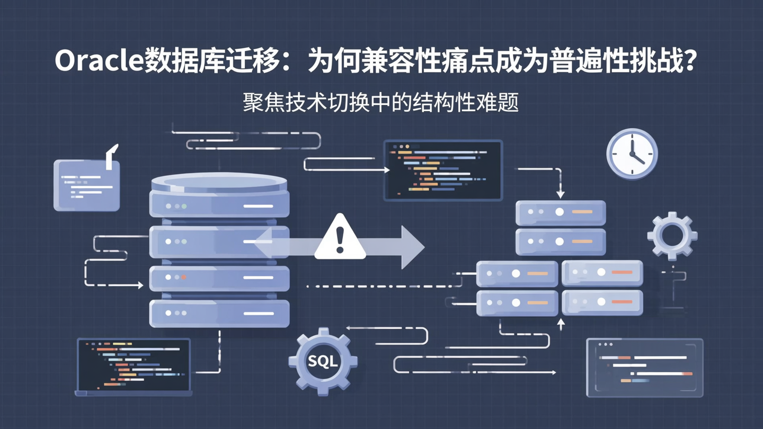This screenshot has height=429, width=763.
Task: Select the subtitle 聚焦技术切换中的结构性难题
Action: [380, 102]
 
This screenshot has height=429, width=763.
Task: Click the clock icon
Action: [632, 154]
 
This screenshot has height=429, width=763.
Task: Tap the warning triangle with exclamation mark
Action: [340, 238]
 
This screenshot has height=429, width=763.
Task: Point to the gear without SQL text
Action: [672, 235]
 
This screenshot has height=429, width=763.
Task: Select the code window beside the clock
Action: [443, 170]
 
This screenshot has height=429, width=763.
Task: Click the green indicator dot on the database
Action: [184, 206]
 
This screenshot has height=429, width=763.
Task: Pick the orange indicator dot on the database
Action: [184, 277]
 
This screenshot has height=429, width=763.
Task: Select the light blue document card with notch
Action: [87, 184]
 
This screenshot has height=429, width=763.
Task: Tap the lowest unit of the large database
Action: [219, 313]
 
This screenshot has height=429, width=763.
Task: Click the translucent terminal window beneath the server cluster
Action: [644, 368]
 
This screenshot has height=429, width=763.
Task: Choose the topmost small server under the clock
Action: [560, 212]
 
